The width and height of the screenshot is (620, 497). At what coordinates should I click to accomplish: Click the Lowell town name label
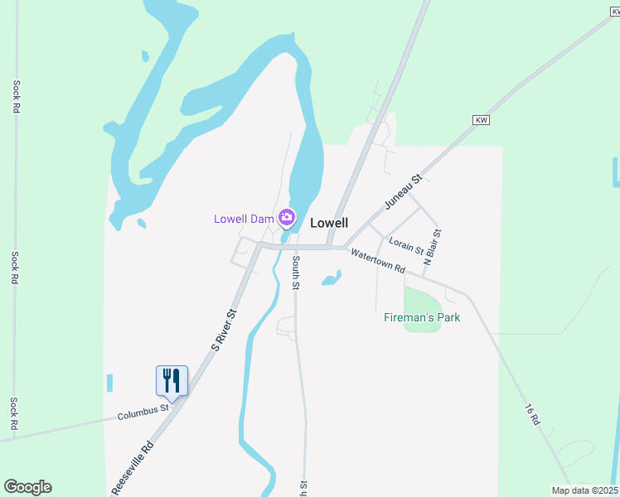pos(328,223)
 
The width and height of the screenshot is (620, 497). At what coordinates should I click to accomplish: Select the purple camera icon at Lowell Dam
pos(287,219)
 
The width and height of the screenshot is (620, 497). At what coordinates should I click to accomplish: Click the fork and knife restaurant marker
pos(172,381)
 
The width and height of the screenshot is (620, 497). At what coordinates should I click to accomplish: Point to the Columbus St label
pos(143,411)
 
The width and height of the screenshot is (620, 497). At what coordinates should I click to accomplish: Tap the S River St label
pos(224,331)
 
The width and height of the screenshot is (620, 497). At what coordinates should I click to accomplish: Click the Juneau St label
pos(404,191)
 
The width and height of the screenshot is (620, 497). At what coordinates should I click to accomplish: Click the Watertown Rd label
pos(377,262)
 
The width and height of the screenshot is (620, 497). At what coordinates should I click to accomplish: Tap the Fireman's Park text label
pos(422,317)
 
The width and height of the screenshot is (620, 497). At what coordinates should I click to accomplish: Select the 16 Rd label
pos(532,415)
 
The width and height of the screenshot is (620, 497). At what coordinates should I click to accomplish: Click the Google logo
pos(27,487)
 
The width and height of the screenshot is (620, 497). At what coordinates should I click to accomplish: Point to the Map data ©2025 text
pos(584,490)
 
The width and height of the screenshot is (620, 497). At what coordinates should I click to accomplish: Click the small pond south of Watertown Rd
pos(332,278)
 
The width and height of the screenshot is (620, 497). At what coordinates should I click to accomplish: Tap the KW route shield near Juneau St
pos(482,120)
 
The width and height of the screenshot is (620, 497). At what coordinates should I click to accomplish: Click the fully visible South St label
pos(296,272)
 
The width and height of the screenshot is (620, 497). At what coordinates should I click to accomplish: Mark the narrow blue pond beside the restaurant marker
pos(109,384)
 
